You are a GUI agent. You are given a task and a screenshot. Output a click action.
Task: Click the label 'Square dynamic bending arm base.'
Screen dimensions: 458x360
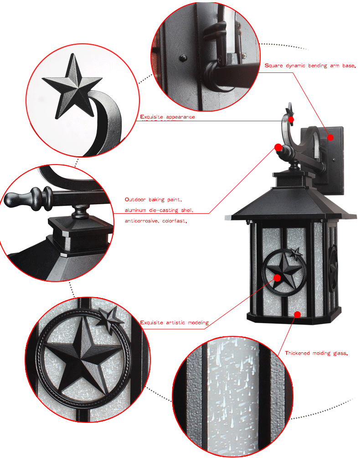click(x=309, y=66)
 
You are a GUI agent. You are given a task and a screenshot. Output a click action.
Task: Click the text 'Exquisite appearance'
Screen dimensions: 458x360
click(x=167, y=117)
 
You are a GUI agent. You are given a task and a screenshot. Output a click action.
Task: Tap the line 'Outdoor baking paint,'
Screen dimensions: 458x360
click(x=154, y=200)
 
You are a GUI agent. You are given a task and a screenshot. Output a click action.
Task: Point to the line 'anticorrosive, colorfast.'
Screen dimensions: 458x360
click(x=156, y=221)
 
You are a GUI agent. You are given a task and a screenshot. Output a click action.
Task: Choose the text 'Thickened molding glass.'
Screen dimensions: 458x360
click(x=316, y=353)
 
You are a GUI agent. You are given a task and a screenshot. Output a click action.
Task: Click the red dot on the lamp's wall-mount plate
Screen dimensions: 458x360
click(x=331, y=137)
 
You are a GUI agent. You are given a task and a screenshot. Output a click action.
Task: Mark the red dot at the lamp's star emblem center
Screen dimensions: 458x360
click(x=277, y=277)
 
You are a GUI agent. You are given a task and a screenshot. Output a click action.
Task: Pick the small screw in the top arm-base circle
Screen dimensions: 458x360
click(x=183, y=58)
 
